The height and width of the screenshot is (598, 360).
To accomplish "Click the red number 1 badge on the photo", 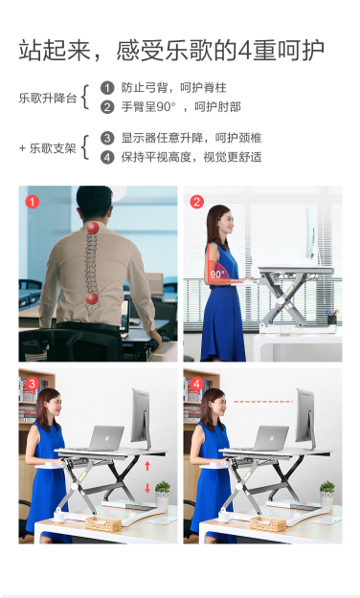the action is click(33, 202).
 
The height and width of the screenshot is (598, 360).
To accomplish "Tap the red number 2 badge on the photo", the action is click(197, 202).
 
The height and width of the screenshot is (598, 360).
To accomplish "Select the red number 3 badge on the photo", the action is click(32, 384).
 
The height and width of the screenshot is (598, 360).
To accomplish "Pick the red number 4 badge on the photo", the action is click(196, 384).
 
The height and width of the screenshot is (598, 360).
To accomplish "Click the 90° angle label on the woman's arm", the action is click(217, 274).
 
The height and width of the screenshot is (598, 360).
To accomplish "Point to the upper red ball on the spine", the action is click(93, 228).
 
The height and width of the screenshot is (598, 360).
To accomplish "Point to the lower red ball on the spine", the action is click(92, 299).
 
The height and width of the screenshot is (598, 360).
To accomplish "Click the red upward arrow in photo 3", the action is click(147, 466).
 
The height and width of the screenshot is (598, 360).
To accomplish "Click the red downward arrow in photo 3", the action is click(147, 488).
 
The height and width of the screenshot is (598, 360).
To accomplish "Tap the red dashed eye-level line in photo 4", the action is click(263, 402).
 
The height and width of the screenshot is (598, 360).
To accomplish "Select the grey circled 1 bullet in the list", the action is click(107, 88).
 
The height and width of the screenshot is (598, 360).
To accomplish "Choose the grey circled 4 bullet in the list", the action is click(107, 157).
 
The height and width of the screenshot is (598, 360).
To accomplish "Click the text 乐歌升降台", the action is click(48, 98).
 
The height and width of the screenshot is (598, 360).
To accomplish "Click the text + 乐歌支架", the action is click(48, 148).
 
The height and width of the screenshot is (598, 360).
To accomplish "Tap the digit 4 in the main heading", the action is click(244, 51).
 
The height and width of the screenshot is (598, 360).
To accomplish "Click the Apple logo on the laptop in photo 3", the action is click(107, 437).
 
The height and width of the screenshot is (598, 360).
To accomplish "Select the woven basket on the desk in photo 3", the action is click(103, 524).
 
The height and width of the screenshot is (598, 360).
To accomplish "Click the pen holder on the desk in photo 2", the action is click(332, 318).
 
